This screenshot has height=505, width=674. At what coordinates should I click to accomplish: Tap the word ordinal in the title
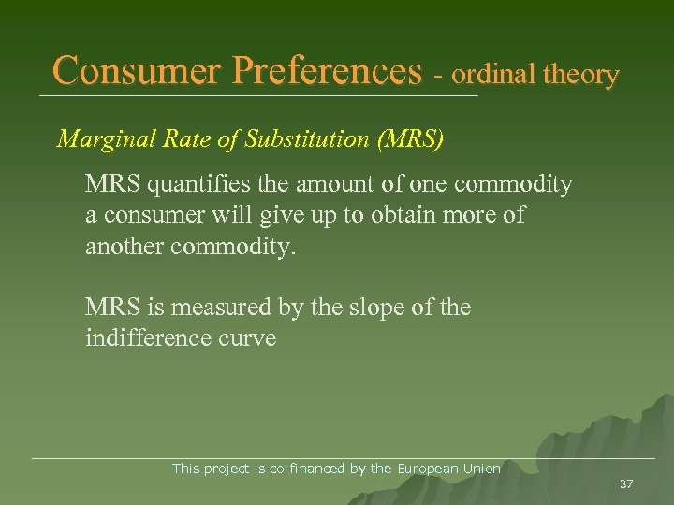click(x=491, y=75)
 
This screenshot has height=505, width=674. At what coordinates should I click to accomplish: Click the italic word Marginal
click(x=100, y=139)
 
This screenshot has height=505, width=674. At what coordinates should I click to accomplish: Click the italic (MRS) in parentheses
click(x=410, y=139)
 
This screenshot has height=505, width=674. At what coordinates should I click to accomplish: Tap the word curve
click(x=247, y=338)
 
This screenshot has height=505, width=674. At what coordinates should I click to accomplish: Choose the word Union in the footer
click(x=482, y=469)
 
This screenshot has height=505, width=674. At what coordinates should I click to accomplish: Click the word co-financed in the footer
click(x=306, y=469)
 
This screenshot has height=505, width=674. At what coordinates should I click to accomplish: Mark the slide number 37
click(x=626, y=483)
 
